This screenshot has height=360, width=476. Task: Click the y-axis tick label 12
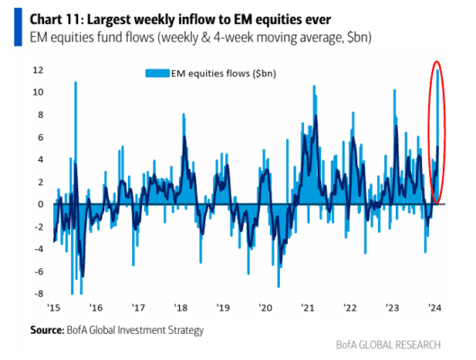(x=38, y=70)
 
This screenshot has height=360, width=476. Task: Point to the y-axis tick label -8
(x=39, y=293)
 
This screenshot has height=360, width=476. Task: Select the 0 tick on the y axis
(x=40, y=204)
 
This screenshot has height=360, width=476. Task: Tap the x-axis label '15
(x=54, y=308)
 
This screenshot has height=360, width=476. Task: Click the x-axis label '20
(x=265, y=308)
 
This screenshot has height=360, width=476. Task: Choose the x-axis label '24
(x=435, y=308)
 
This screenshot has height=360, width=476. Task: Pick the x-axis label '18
(x=181, y=308)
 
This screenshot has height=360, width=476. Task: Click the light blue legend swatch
(x=157, y=74)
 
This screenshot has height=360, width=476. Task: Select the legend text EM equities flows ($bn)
(x=224, y=74)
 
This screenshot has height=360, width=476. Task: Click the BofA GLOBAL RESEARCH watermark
(x=388, y=345)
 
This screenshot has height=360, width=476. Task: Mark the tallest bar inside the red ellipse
(x=437, y=137)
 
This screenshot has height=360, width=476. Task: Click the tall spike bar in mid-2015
(x=76, y=143)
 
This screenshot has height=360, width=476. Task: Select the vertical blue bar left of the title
(x=18, y=27)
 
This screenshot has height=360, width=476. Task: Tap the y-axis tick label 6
(x=40, y=137)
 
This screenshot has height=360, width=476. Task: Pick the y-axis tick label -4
(x=39, y=249)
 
